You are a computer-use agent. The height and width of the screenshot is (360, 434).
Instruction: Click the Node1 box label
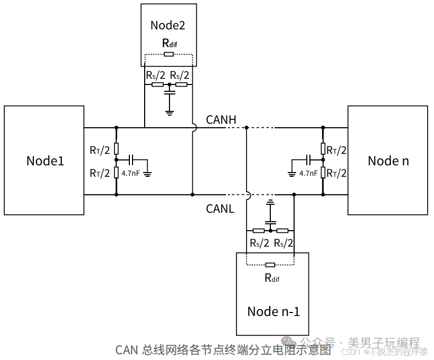pyautogui.click(x=45, y=160)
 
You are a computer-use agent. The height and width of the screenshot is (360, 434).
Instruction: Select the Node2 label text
pyautogui.click(x=168, y=25)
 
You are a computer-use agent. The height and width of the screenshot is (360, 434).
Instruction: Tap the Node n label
pyautogui.click(x=388, y=160)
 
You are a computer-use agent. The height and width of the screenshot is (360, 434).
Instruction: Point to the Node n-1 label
pyautogui.click(x=273, y=311)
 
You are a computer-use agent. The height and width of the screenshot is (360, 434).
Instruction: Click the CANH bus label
pyautogui.click(x=221, y=120)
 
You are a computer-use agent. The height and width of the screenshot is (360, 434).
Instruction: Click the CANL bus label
pyautogui.click(x=220, y=209)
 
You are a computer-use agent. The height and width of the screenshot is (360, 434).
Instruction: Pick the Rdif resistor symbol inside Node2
pyautogui.click(x=169, y=54)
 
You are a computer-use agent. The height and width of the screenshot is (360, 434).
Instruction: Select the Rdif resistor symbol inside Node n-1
pyautogui.click(x=270, y=264)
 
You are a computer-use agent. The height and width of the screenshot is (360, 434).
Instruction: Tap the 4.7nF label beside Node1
pyautogui.click(x=131, y=173)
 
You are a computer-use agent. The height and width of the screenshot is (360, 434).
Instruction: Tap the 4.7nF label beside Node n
pyautogui.click(x=308, y=173)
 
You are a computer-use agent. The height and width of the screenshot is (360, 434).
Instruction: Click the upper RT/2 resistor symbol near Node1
pyautogui.click(x=116, y=148)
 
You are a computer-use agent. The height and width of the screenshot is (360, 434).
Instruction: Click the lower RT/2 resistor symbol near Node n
pyautogui.click(x=323, y=172)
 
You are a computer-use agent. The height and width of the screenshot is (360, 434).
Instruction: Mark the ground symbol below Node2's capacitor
pyautogui.click(x=169, y=111)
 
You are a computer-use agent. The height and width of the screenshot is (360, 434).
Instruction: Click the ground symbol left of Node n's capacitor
pyautogui.click(x=291, y=173)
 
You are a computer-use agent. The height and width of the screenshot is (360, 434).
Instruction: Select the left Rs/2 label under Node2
pyautogui.click(x=155, y=75)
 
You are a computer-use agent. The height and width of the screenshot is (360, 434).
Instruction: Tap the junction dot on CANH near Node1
pyautogui.click(x=116, y=127)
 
